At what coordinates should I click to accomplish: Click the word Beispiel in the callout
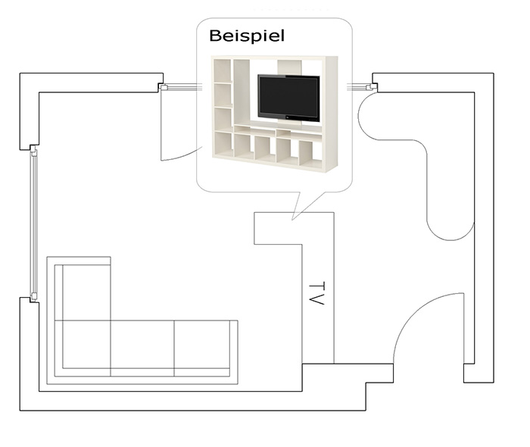coord(247,36)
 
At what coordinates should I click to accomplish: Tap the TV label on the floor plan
coord(316,293)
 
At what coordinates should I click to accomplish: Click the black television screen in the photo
coord(288,98)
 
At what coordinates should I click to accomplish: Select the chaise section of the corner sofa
coord(86,292)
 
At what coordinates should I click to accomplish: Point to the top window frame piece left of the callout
coord(181,88)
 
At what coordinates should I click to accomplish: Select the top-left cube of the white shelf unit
coord(223,70)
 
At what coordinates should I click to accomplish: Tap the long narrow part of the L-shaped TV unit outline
coord(318,304)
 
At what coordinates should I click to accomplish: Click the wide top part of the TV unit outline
coord(294,228)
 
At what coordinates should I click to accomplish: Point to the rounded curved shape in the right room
coord(416,166)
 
